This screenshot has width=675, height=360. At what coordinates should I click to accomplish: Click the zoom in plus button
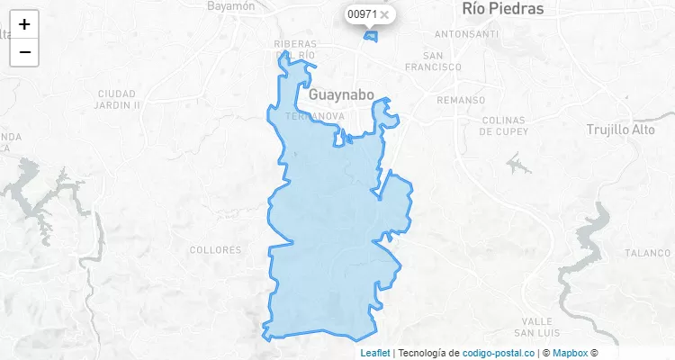pos(24,24)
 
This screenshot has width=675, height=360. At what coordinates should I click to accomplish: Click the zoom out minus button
pos(24,52)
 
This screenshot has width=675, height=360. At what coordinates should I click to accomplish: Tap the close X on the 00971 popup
pos(384,14)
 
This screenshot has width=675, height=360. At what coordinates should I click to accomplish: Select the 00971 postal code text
pos(362,14)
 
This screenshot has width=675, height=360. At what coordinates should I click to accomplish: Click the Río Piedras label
pos(503,9)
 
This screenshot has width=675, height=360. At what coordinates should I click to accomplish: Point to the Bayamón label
pos(231,5)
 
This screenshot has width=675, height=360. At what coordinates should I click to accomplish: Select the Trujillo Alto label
pos(621,130)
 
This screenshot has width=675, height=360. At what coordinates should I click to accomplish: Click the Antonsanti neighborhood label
pos(466,34)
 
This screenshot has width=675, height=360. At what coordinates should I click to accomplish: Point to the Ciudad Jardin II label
pos(117,99)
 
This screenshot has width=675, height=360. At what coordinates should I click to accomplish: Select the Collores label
pos(211,249)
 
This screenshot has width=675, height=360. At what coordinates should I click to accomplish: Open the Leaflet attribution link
pos(375,353)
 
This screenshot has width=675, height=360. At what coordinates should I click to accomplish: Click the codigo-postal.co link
pos(499,353)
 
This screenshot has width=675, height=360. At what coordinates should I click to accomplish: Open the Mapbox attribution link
pos(570,353)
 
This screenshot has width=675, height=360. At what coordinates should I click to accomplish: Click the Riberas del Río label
pos(295,49)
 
